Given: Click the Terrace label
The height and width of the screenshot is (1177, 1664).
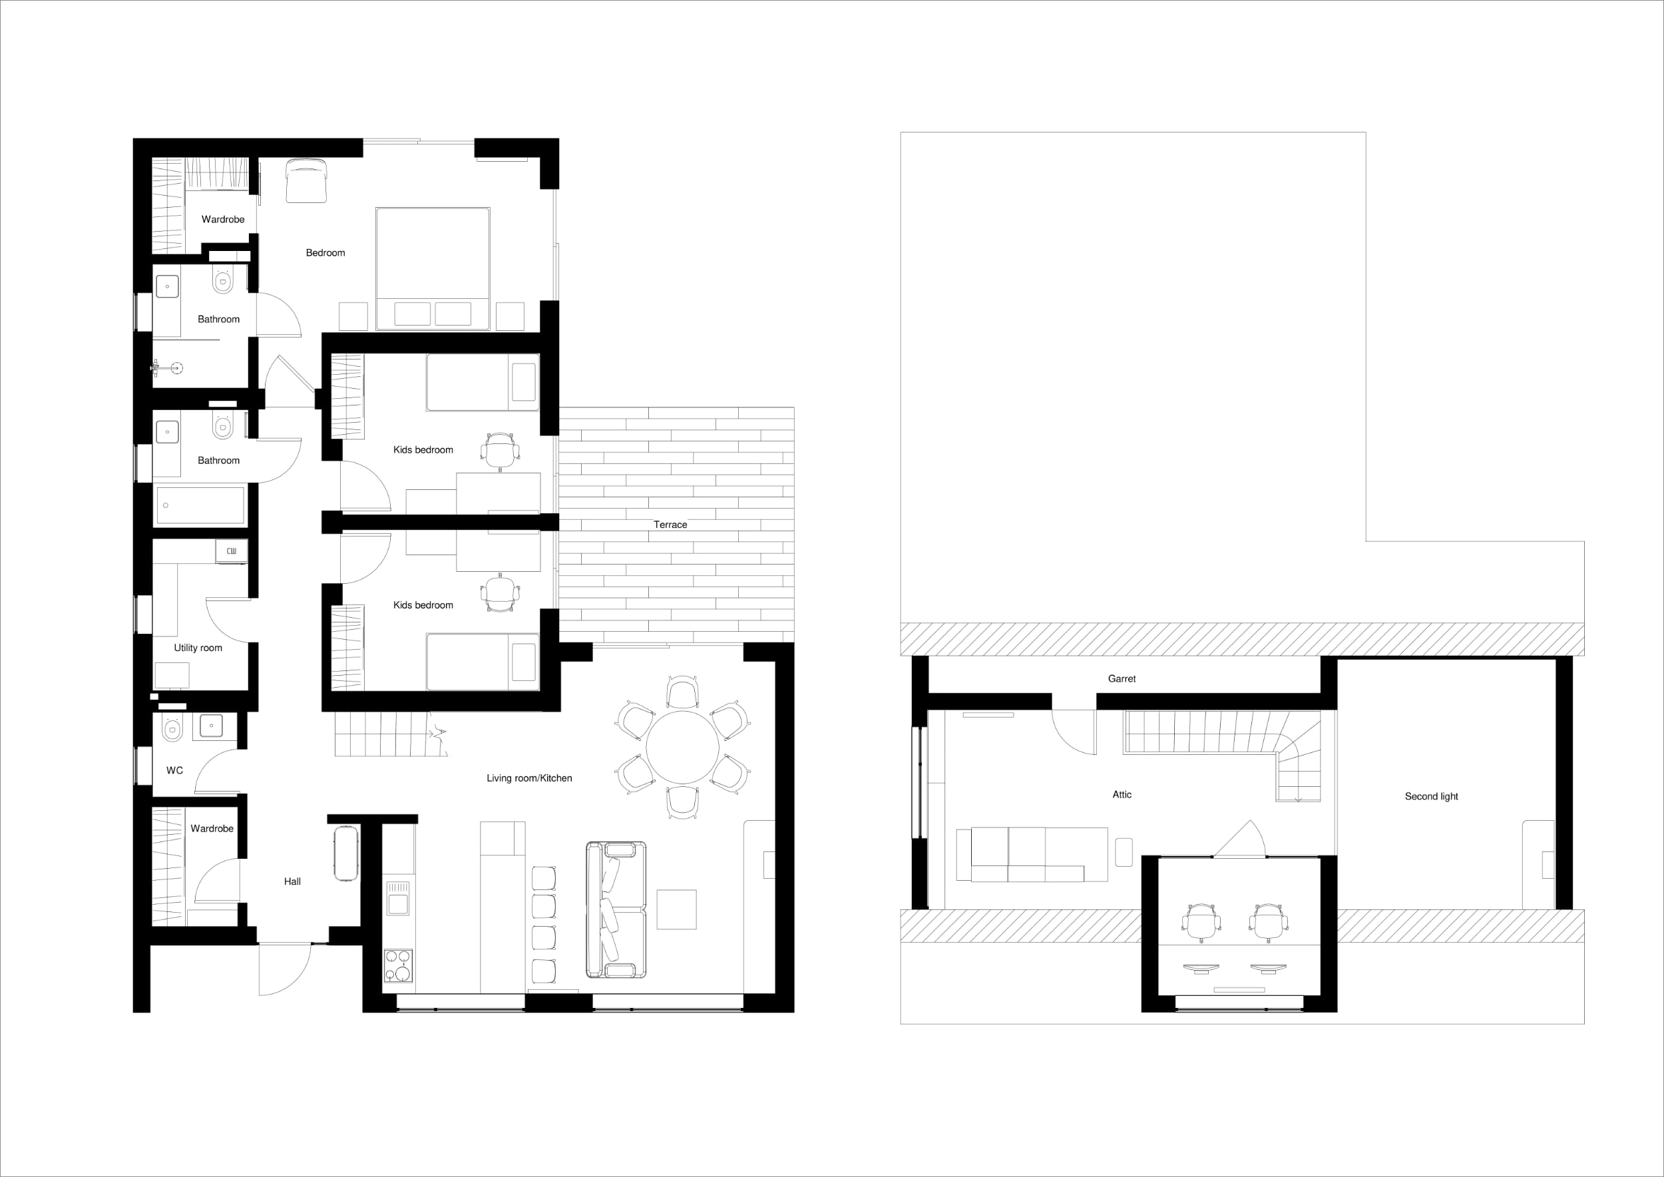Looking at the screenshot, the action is pos(670,525).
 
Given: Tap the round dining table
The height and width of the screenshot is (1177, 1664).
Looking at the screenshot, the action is pos(683,747).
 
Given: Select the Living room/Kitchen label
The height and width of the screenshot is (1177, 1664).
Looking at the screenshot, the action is pos(529,778).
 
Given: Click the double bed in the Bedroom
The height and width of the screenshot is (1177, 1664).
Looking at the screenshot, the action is pos(433,269).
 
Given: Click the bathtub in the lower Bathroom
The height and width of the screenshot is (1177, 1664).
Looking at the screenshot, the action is pos(200,505).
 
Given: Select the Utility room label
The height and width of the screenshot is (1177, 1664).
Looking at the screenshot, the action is pos(198,648).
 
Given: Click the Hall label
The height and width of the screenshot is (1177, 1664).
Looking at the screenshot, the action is pos(292,881).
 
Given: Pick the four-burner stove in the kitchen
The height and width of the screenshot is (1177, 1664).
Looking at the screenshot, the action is pos(399,966).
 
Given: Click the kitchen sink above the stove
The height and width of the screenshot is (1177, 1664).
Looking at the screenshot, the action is pos(399,899).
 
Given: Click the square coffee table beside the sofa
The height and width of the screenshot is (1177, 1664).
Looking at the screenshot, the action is pos(676,909).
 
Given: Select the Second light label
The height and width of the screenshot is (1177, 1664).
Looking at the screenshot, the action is pos(1431,796).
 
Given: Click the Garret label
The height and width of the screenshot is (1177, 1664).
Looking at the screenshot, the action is pos(1122,679).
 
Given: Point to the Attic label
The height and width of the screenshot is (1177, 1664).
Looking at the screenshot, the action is pos(1122,795).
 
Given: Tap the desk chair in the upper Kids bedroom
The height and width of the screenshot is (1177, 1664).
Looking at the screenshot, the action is pos(500,451).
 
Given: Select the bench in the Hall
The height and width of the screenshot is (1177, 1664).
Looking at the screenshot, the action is pos(346,852).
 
